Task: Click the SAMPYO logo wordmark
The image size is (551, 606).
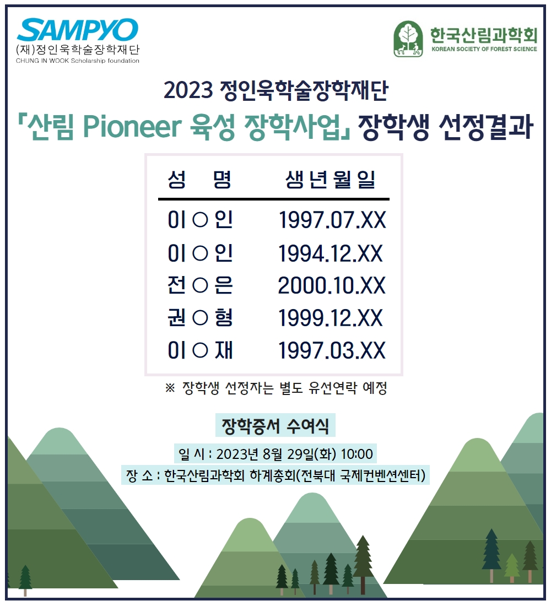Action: point(77,30)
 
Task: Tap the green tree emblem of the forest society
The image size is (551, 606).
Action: point(408,39)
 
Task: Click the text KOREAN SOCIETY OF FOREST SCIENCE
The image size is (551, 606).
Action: point(484,49)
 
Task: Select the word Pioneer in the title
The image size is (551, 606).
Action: point(132,126)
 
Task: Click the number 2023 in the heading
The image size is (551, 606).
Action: point(188,90)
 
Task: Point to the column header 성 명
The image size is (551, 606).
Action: point(199,180)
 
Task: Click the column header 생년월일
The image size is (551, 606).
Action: point(331,180)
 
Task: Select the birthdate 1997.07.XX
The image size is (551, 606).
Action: point(332,220)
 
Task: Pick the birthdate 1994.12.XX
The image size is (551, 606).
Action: point(331,253)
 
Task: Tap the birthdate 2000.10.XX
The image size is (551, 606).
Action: point(332,285)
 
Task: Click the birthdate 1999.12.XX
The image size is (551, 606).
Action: point(331,318)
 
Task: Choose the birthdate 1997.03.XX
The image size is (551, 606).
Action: point(332,350)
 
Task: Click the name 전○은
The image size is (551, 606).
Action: point(200,285)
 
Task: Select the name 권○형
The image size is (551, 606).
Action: point(200,318)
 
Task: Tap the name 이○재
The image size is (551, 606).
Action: point(200,350)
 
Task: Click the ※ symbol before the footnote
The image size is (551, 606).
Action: point(170,388)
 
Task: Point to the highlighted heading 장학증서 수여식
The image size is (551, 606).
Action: point(275,425)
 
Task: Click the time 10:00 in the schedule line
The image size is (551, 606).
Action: point(357,454)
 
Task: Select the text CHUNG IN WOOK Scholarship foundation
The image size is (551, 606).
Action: point(77,61)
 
